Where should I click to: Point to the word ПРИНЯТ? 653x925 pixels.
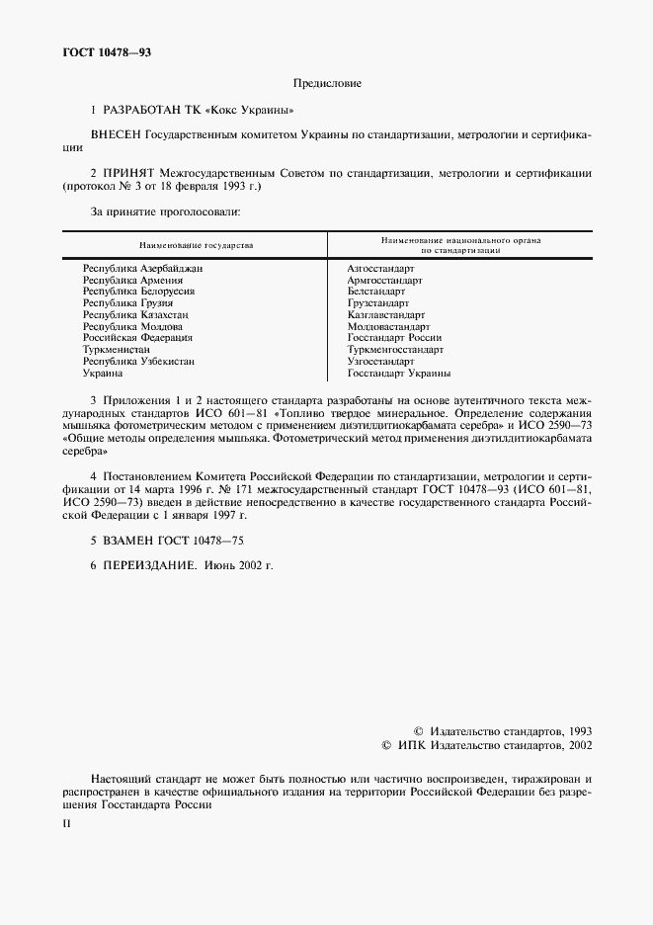(125, 173)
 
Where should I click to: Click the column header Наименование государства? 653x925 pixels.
(196, 243)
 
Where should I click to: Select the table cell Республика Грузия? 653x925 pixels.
(121, 303)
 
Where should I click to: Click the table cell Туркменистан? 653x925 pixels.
(117, 350)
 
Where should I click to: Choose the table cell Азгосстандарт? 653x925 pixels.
(380, 268)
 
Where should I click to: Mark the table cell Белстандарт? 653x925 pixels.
(375, 292)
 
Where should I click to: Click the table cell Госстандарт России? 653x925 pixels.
(394, 338)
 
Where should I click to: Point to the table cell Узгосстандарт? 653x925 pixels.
(380, 362)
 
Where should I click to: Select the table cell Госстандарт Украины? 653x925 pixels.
(398, 374)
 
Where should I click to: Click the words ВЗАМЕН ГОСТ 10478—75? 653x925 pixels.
(167, 542)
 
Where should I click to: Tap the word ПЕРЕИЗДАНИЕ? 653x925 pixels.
(148, 565)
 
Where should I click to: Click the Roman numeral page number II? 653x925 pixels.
(66, 822)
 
